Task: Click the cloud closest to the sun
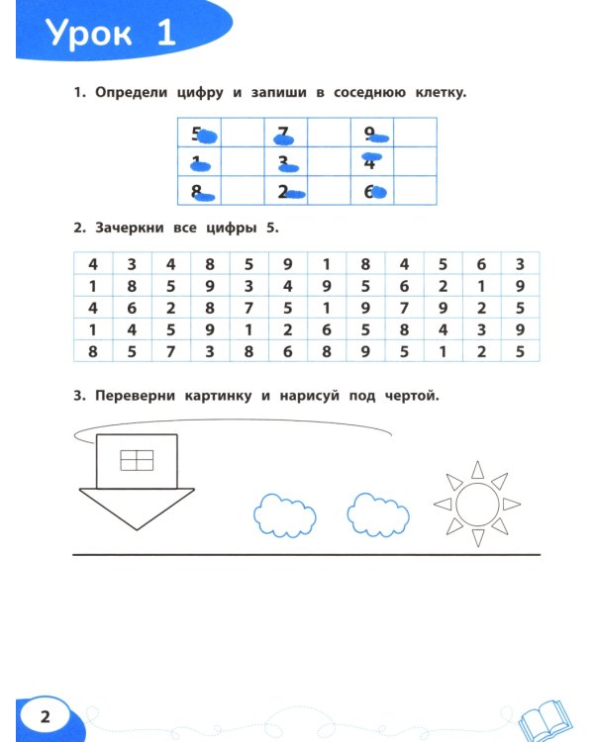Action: [378, 510]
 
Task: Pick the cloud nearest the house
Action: [285, 512]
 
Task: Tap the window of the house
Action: [137, 459]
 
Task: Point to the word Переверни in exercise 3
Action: [138, 397]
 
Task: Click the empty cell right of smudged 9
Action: [416, 134]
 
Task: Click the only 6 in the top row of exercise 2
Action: [481, 264]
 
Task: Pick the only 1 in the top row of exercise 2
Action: [326, 264]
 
